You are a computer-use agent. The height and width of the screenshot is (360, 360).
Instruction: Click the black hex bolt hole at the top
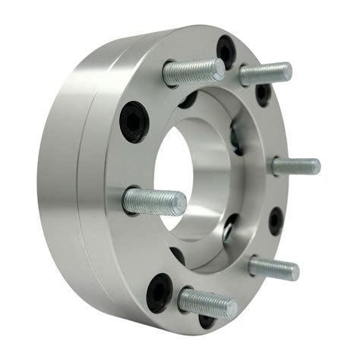coord(226,50)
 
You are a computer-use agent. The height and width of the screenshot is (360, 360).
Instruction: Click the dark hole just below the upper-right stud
coord(263,93)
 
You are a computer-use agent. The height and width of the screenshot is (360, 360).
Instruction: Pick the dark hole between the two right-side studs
coord(276,220)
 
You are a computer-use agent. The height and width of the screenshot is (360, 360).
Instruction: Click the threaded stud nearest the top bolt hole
coord(194,71)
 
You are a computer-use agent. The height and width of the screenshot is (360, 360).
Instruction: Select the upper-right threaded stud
coord(266,74)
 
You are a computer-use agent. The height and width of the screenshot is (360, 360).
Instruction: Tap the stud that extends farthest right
coord(295,166)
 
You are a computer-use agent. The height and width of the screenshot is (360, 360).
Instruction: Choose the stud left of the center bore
coord(154,202)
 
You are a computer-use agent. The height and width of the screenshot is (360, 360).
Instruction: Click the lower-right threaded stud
coord(273,266)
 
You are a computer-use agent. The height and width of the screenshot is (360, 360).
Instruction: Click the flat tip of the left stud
coord(182,203)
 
